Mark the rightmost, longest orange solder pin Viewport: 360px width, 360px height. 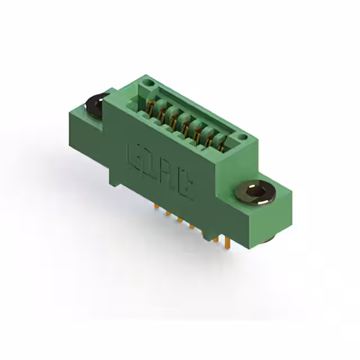[227, 242]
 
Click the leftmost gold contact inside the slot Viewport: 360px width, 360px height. [151, 106]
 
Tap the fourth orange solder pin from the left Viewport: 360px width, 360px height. [192, 227]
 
